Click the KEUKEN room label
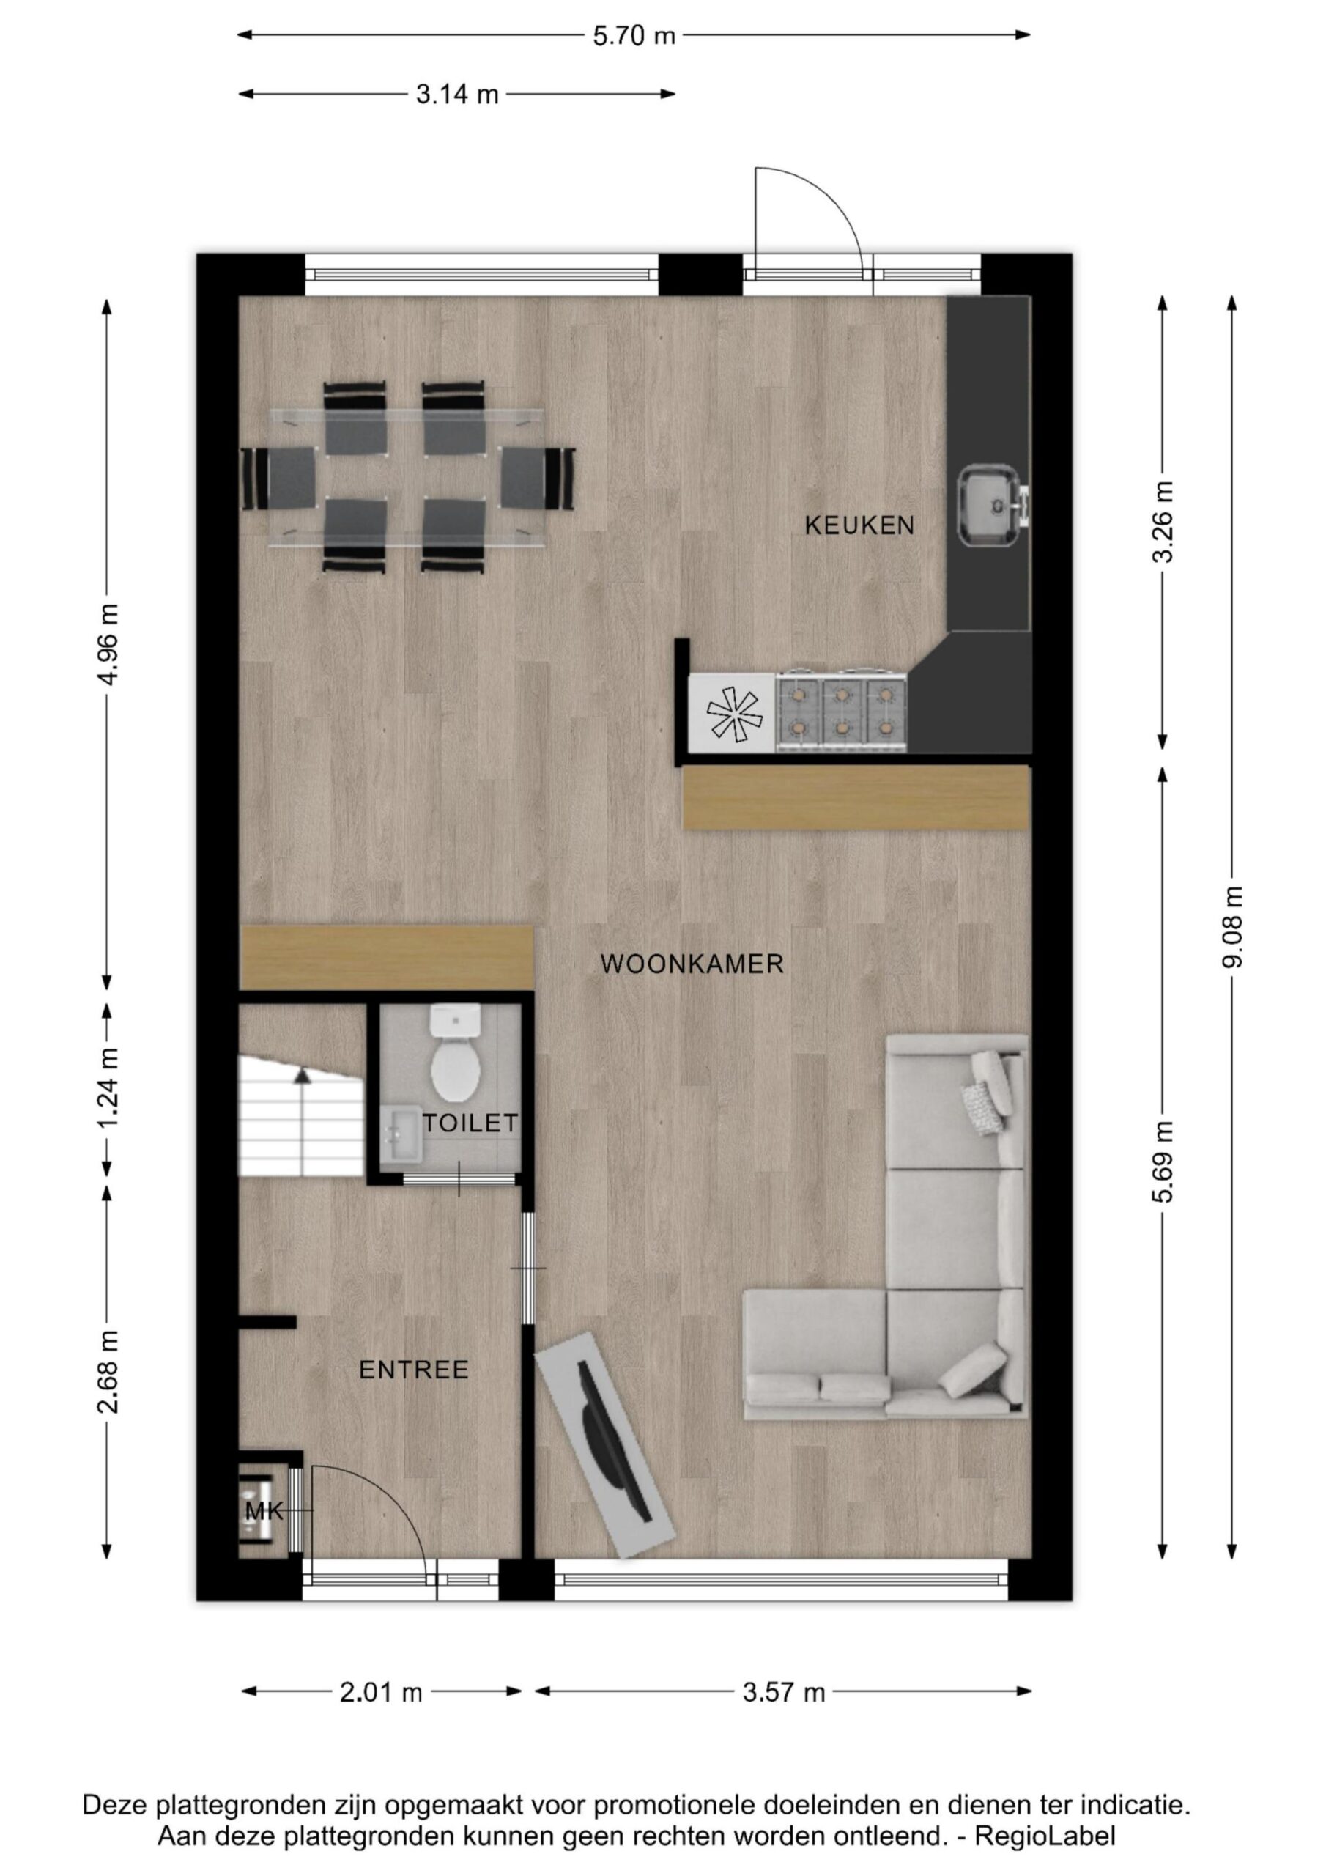pos(859,525)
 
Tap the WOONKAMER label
pos(692,964)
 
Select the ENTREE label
pos(414,1370)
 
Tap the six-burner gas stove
pos(842,711)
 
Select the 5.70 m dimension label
pos(634,36)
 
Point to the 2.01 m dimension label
pos(381,1692)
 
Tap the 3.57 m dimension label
pos(783,1692)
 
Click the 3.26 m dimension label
pos(1162,521)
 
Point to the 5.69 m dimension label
pos(1162,1160)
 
